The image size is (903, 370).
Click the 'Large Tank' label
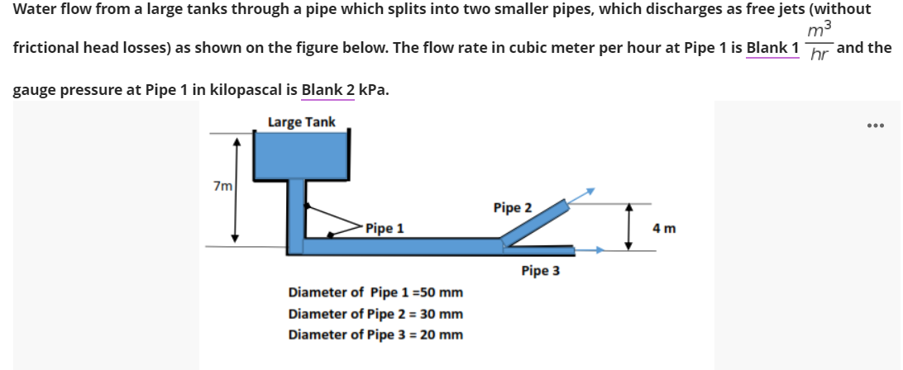(x=301, y=122)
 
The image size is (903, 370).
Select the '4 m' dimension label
(x=665, y=227)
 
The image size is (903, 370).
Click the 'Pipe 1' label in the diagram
(x=385, y=229)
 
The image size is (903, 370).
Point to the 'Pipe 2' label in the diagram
(x=513, y=207)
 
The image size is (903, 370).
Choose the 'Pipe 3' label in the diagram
(x=540, y=271)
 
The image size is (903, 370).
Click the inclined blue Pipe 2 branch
(x=536, y=221)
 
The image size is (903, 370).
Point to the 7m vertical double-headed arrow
(x=236, y=188)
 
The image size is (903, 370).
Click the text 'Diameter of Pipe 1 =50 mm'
(x=375, y=293)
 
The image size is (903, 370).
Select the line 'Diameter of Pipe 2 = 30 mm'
(x=375, y=315)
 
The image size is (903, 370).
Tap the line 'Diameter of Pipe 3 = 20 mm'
(x=375, y=334)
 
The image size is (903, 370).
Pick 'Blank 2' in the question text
(x=327, y=89)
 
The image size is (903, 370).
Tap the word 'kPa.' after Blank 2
(x=373, y=89)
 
